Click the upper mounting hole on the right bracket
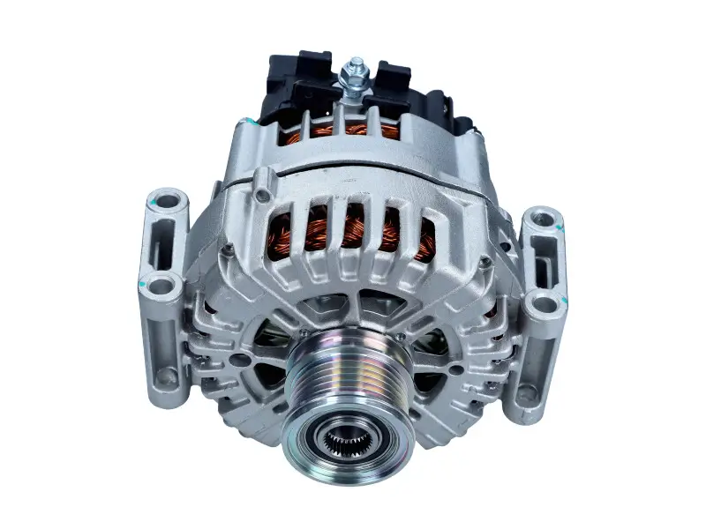tap(543, 220)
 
